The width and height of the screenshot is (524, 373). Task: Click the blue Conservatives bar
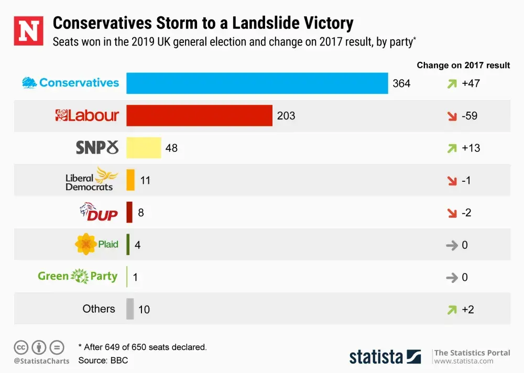pyautogui.click(x=257, y=83)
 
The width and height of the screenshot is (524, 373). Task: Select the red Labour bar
pyautogui.click(x=199, y=116)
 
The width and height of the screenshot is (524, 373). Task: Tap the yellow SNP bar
pyautogui.click(x=144, y=148)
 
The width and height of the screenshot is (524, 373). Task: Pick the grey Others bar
pyautogui.click(x=130, y=309)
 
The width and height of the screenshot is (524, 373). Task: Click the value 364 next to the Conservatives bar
pyautogui.click(x=401, y=83)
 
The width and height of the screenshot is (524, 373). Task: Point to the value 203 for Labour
pyautogui.click(x=286, y=116)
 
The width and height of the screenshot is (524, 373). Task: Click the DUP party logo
pyautogui.click(x=99, y=212)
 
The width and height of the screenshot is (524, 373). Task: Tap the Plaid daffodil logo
pyautogui.click(x=97, y=244)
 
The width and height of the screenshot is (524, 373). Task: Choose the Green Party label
pyautogui.click(x=78, y=276)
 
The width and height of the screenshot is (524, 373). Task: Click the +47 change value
pyautogui.click(x=471, y=83)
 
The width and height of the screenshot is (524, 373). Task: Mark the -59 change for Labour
pyautogui.click(x=470, y=116)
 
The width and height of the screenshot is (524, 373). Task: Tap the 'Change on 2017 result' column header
pyautogui.click(x=463, y=65)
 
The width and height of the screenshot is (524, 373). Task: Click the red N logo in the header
pyautogui.click(x=28, y=30)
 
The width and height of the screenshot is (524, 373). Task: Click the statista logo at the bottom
pyautogui.click(x=385, y=357)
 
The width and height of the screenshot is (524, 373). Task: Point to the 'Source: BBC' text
pyautogui.click(x=103, y=360)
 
